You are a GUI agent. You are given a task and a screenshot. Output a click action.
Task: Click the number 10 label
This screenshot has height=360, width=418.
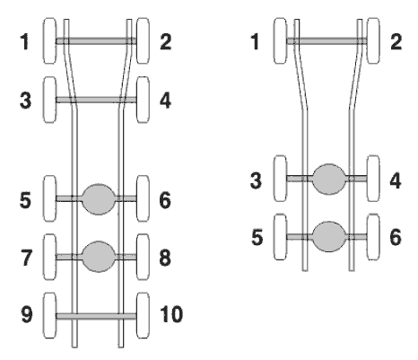[171, 314]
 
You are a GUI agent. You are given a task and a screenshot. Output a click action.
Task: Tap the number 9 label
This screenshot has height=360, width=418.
[27, 314]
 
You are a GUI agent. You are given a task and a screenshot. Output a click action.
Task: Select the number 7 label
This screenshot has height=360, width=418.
[26, 258]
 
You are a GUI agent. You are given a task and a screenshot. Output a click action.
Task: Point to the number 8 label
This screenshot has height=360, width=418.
[165, 258]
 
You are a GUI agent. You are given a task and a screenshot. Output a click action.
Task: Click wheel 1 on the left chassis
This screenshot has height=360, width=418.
[49, 40]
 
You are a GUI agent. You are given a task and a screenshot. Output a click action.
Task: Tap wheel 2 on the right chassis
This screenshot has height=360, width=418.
[373, 40]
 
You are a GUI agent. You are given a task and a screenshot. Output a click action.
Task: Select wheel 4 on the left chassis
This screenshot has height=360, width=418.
[143, 100]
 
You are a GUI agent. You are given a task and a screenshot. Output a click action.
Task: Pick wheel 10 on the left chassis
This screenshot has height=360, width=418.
[143, 315]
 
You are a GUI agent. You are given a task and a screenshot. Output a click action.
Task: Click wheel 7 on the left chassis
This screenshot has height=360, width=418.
[49, 257]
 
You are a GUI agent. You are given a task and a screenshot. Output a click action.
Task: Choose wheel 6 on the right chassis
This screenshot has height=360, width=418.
[373, 237]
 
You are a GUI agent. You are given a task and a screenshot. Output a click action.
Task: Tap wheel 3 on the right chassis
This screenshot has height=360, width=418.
[281, 179]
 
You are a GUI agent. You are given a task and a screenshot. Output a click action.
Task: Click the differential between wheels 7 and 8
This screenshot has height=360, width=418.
[99, 257]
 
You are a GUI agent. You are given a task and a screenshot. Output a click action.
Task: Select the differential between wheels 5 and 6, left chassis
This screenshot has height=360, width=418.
[99, 199]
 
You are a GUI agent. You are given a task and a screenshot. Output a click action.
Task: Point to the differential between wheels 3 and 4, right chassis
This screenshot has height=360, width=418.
[329, 179]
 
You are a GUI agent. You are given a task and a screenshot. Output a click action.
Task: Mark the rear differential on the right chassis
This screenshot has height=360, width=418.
[329, 237]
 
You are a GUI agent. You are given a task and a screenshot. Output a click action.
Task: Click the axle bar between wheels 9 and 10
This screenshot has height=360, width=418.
[96, 316]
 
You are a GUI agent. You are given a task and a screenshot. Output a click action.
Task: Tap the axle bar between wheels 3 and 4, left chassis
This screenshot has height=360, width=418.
[96, 100]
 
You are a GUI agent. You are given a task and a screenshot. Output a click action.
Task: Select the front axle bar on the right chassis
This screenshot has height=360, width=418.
[327, 40]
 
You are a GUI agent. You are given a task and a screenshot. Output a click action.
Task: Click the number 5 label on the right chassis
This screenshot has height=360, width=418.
[257, 237]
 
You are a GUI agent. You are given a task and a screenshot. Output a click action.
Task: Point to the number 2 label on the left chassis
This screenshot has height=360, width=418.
[166, 41]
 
